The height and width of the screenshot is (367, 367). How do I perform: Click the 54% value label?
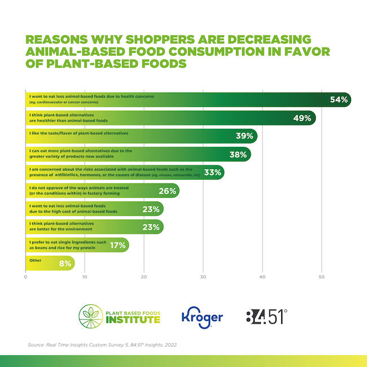339,100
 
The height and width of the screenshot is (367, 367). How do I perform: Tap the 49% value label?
302,118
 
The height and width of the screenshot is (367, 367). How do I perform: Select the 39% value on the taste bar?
244,136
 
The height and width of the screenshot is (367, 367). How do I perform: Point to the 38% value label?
238,154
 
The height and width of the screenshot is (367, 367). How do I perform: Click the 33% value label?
212,172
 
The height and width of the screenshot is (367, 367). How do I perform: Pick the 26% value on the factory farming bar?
167,191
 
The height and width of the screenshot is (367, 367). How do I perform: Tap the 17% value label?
117,245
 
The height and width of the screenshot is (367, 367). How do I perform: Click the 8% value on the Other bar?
64,263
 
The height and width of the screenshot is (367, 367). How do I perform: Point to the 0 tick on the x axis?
25,277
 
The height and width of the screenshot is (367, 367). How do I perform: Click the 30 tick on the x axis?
203,277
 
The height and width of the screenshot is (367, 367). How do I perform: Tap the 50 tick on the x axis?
321,277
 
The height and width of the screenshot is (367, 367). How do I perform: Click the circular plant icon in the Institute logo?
90,316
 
